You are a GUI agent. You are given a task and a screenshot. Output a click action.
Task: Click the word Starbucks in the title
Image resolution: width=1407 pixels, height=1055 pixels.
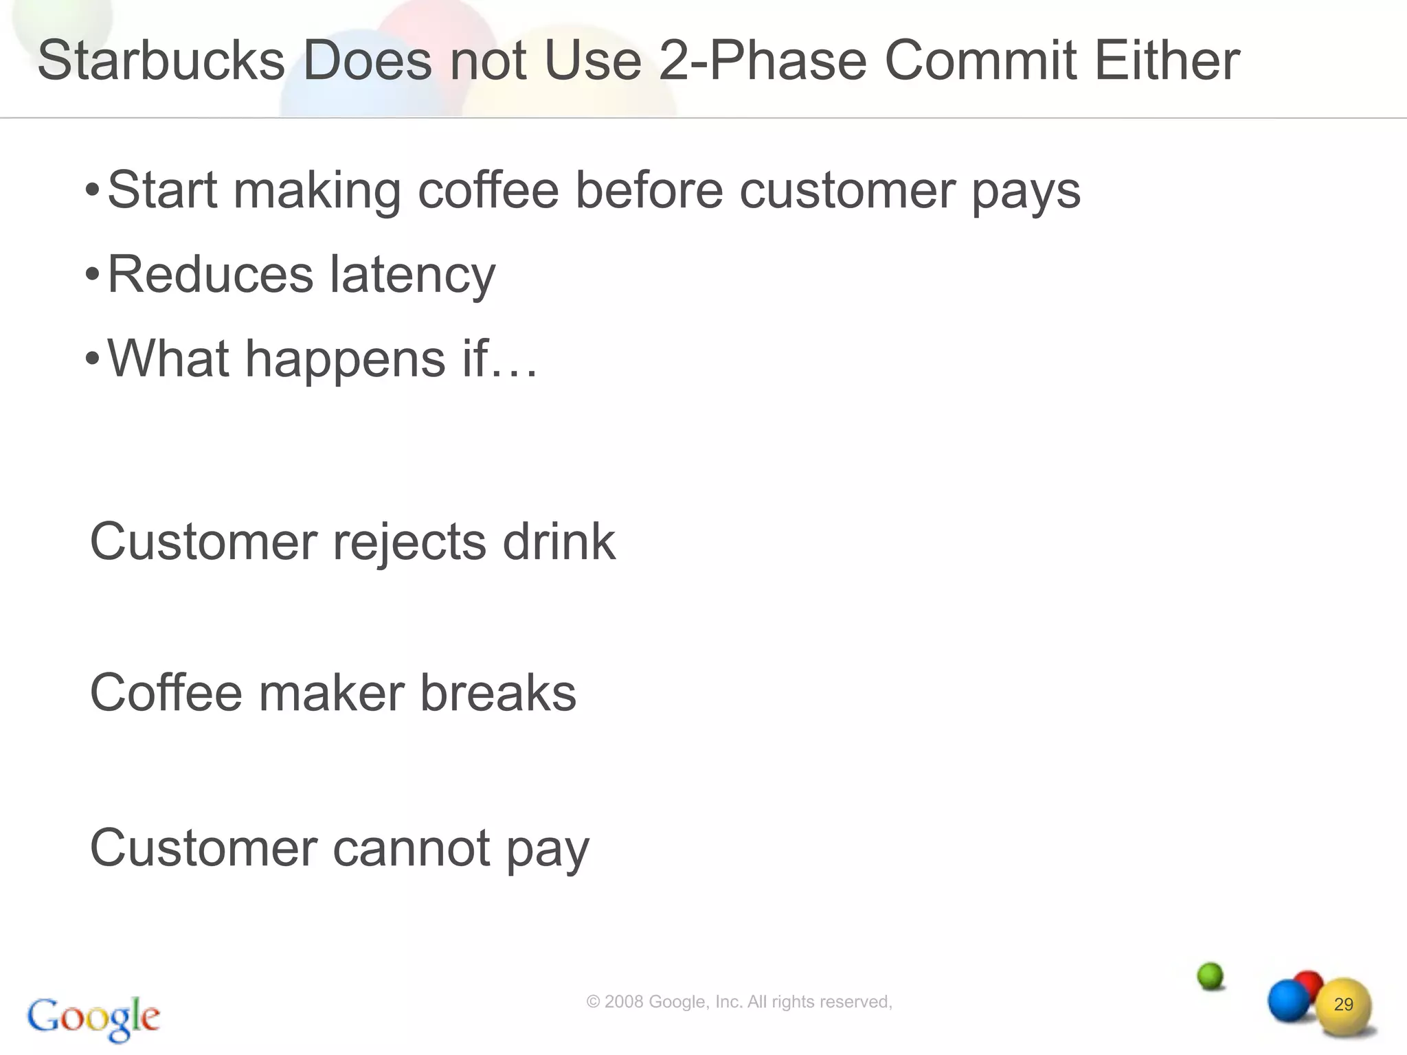click(x=161, y=60)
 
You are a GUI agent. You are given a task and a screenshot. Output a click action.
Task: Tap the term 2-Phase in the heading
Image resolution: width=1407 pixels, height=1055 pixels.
click(x=763, y=60)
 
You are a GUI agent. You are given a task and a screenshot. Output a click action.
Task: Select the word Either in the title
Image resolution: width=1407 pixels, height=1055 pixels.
click(x=1167, y=60)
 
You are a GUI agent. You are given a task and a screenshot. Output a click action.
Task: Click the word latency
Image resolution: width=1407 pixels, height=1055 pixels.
click(x=412, y=275)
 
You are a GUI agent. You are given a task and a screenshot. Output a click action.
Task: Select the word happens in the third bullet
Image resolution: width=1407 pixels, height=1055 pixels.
click(x=345, y=359)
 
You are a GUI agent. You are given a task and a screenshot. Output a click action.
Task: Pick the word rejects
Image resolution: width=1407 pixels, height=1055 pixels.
click(x=409, y=542)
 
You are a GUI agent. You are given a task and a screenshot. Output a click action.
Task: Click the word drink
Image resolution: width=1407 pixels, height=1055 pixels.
click(x=559, y=542)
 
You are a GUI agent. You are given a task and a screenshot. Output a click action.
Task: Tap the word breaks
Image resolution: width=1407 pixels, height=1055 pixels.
click(x=498, y=693)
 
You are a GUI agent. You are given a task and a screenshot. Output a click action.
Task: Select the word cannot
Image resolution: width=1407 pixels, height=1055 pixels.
click(x=412, y=848)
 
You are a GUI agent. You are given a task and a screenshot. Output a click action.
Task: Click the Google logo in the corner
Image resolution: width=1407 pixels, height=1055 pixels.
click(x=93, y=1018)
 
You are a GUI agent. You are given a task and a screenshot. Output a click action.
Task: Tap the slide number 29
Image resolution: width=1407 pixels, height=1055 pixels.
click(x=1343, y=1004)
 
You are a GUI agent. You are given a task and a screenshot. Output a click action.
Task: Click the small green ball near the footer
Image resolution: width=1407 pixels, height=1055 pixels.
click(x=1210, y=975)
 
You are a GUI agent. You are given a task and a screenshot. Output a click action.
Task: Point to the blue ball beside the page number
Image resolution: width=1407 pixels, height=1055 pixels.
click(x=1287, y=1000)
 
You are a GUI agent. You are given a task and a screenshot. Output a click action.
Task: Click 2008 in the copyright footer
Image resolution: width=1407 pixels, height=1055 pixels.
click(x=624, y=1002)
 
